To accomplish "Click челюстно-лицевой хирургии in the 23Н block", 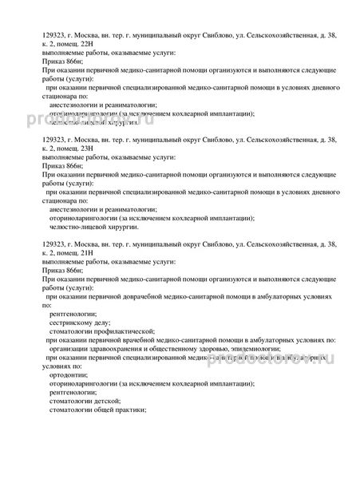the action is (87, 227).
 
